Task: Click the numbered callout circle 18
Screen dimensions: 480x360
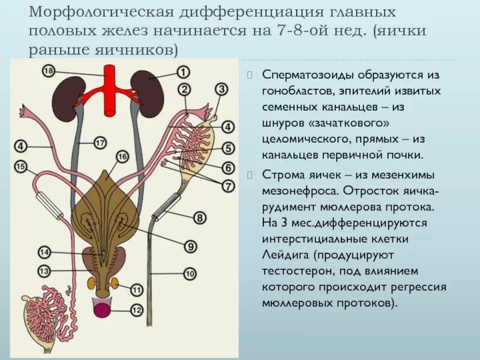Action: click(49, 71)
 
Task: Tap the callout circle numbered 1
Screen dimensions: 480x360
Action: click(183, 72)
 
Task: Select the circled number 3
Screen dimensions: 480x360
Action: click(221, 90)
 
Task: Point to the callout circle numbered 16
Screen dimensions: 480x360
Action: click(122, 157)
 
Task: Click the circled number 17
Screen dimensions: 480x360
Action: click(100, 143)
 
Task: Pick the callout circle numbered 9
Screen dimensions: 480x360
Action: click(190, 246)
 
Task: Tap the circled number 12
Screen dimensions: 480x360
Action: click(136, 310)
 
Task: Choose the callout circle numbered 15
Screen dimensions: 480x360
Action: click(21, 167)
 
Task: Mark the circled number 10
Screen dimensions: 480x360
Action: click(190, 274)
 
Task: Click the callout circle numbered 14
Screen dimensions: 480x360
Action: click(44, 252)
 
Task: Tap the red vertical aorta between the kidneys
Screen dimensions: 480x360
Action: click(110, 90)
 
